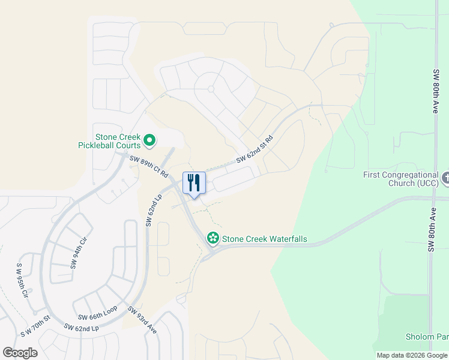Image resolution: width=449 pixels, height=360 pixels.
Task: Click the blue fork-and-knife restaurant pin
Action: tap(194, 184)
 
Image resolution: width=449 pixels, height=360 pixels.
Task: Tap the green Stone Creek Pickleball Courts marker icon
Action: tap(150, 141)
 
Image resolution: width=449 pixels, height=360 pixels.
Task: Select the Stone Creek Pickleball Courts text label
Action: tap(110, 141)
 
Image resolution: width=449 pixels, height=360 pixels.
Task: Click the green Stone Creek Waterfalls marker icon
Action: tap(212, 239)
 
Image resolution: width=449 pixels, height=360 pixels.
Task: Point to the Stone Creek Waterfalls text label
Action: tap(264, 239)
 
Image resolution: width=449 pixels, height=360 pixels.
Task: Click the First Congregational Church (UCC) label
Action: tap(401, 179)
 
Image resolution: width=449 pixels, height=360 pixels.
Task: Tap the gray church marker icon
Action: tap(445, 178)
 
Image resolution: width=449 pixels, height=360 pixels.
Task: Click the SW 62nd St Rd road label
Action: tap(255, 149)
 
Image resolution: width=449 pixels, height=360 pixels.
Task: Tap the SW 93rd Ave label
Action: tap(142, 320)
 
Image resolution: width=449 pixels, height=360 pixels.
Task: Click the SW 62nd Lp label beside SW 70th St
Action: tap(81, 328)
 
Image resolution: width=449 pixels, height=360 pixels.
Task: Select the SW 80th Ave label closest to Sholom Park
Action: tap(431, 231)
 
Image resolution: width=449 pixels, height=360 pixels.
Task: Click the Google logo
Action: tap(20, 353)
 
